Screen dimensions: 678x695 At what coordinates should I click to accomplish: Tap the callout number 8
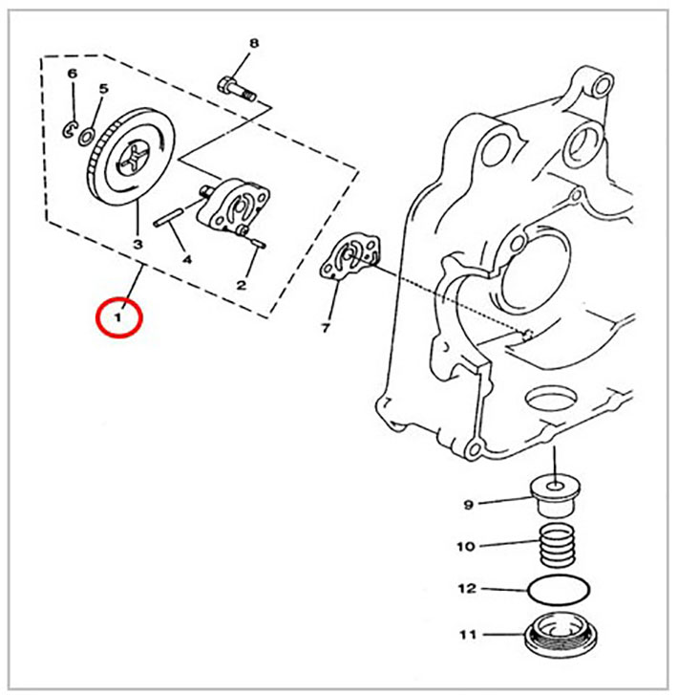(254, 43)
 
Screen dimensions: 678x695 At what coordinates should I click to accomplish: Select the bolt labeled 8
(238, 89)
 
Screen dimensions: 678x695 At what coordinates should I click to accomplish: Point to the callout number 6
(73, 74)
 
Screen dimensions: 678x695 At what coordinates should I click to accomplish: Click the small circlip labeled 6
(70, 129)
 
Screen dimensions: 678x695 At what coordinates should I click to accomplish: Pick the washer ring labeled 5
(86, 137)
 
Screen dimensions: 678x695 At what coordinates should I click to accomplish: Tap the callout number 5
(103, 88)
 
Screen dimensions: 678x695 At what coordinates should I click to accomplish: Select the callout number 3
(138, 244)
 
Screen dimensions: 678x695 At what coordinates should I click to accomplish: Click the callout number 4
(188, 260)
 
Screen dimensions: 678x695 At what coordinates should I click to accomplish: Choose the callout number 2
(241, 286)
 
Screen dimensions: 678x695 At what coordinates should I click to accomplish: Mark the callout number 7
(326, 329)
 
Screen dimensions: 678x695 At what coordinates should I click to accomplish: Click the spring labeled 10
(558, 544)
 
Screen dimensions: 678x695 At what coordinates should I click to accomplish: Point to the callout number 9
(469, 505)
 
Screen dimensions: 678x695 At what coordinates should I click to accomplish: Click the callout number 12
(467, 589)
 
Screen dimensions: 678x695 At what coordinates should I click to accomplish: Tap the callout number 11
(468, 635)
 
